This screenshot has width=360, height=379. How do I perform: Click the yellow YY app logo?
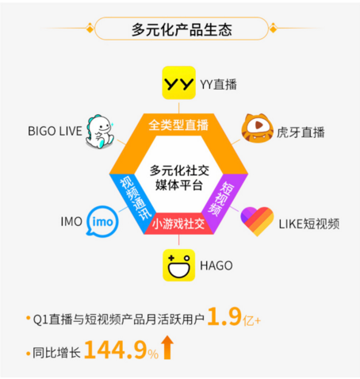coord(178,82)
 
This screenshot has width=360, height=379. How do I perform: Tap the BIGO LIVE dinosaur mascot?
coord(100,132)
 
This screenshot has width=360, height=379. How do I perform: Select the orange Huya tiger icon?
coord(257,128)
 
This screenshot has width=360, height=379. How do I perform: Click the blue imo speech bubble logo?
coord(102,221)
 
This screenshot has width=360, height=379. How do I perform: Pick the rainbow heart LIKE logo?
coord(257,221)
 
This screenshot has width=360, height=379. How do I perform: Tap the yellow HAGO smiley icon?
coord(178,265)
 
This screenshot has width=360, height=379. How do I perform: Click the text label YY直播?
coord(219,85)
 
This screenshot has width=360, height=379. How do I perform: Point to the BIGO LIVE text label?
coord(55,131)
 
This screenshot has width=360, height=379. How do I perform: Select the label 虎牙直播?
coord(301,132)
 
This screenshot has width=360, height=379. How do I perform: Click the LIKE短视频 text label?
coord(309,224)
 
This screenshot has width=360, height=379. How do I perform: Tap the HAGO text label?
coord(216,266)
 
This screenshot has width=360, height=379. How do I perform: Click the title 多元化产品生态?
coord(182,29)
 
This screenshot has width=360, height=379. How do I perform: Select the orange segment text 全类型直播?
coord(178,125)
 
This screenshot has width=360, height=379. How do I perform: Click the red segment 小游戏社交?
coord(178,224)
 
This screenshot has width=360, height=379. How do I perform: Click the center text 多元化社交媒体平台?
coord(179,178)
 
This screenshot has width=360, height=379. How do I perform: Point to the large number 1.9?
coord(224,316)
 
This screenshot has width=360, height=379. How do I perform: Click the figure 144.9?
coord(116,350)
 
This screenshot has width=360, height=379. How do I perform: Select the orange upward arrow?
coord(167,347)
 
